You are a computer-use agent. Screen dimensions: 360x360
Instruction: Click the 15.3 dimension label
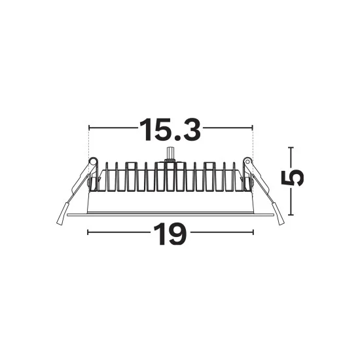[x=170, y=130]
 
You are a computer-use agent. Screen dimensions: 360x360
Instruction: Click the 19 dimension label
[x=170, y=234]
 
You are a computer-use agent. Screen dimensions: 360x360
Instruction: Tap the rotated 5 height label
[x=293, y=179]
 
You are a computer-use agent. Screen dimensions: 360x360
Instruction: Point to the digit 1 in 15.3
[x=145, y=130]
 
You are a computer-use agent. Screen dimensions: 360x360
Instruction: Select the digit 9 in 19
[x=177, y=234]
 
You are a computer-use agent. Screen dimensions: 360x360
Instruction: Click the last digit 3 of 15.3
[x=192, y=130]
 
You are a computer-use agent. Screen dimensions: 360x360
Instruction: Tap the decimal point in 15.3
[x=177, y=137]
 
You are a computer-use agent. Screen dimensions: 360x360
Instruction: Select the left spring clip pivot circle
[x=93, y=162]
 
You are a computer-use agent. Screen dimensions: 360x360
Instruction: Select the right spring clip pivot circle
[x=247, y=162]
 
